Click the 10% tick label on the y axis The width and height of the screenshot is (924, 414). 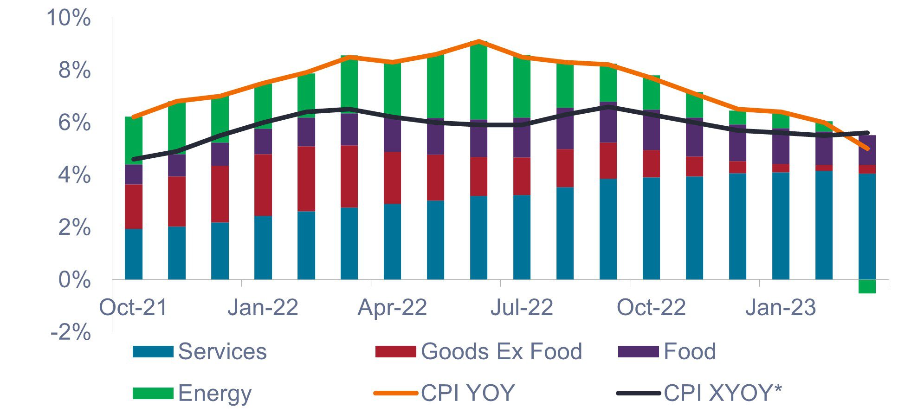point(69,19)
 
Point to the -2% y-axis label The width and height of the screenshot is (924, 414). point(71,333)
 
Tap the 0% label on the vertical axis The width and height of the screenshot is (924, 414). point(74,280)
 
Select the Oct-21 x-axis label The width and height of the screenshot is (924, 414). point(133,308)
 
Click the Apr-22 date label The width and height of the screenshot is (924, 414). point(392,308)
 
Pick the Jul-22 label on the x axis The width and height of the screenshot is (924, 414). point(522,308)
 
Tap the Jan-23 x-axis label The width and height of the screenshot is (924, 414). point(781,308)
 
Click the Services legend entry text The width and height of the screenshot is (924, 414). point(222,351)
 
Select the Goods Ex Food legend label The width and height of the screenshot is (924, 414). point(501,351)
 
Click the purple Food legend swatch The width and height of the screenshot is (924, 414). point(638,351)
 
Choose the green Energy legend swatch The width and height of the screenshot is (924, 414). point(153,393)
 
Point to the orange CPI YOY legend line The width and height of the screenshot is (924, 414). point(395,393)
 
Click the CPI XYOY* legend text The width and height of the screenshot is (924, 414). point(723,393)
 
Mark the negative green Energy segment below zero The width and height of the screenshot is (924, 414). point(867,286)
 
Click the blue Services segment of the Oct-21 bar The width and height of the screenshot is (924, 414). point(134,254)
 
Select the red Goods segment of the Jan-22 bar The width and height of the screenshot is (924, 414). point(263,185)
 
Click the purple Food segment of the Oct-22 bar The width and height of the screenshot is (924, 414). point(651,130)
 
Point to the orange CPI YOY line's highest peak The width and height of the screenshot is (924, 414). point(478,41)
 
